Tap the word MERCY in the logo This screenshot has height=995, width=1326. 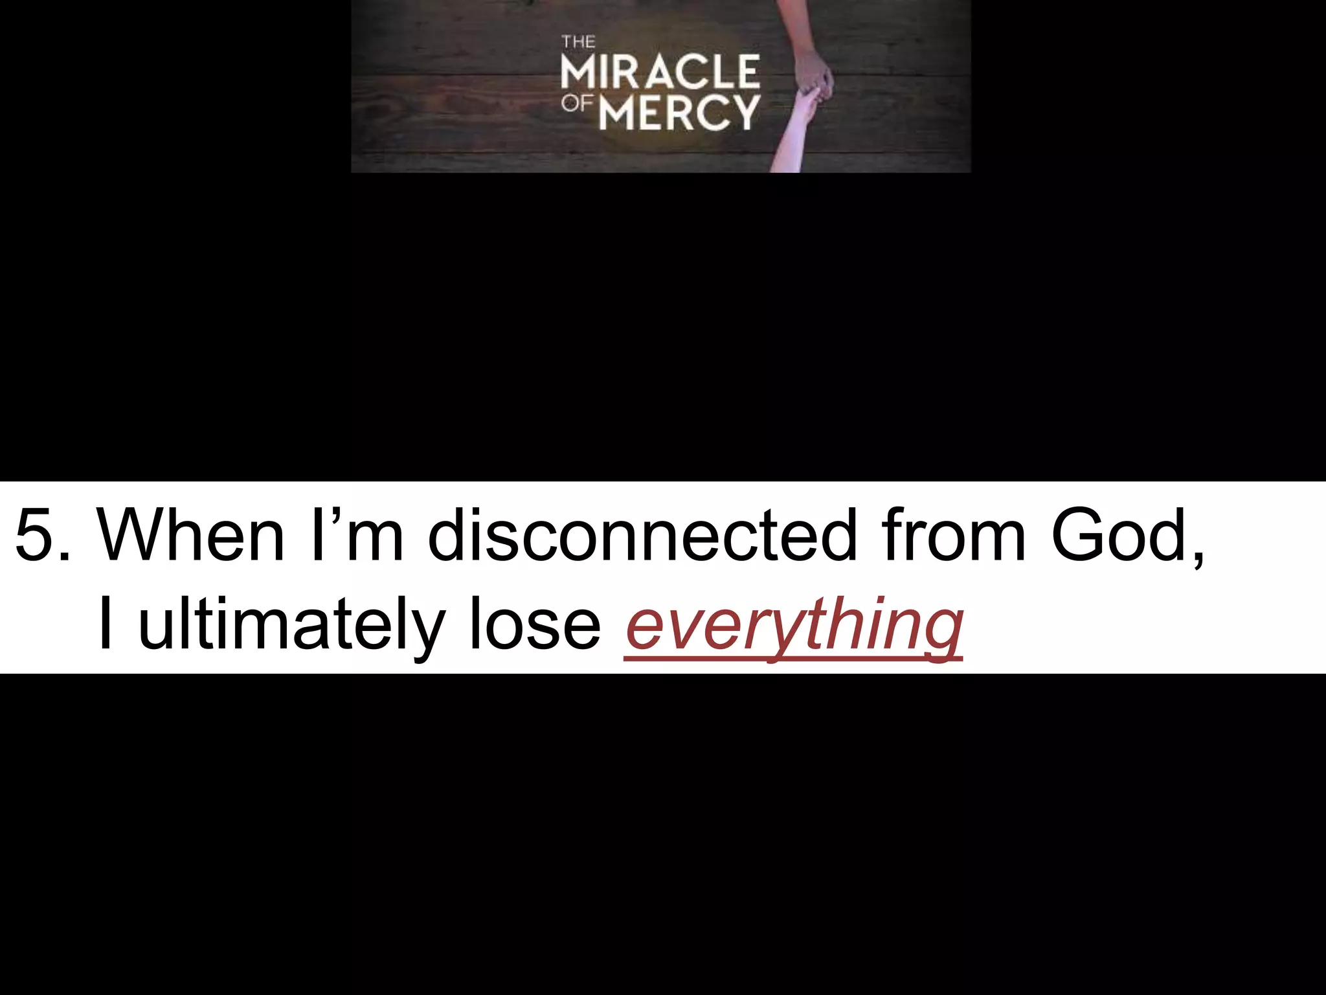point(679,113)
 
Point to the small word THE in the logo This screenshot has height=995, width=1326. point(578,43)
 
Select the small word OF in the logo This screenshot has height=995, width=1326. point(577,103)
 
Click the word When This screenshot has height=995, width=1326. point(190,535)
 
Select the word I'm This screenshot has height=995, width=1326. point(357,535)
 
